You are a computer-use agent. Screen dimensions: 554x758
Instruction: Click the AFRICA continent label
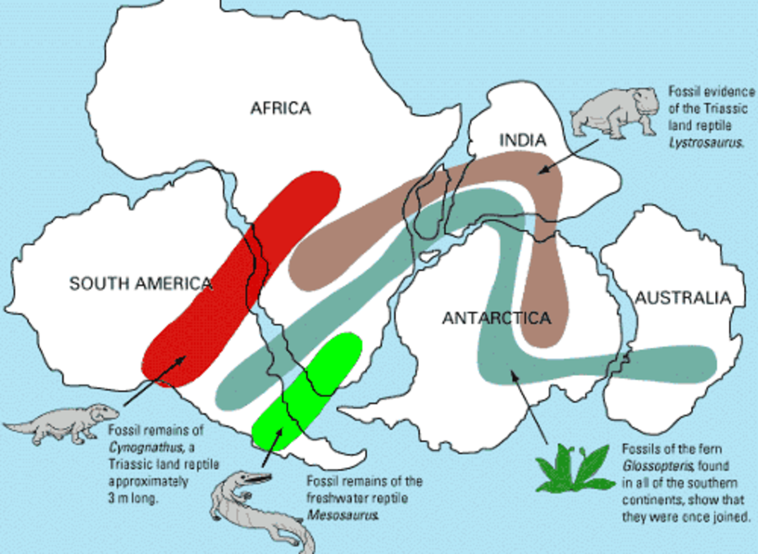coord(280,108)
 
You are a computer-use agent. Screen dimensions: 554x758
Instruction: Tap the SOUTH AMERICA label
coord(140,283)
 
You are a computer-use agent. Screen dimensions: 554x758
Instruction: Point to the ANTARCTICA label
coord(496,317)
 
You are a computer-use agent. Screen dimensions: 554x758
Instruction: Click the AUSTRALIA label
coord(683,297)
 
